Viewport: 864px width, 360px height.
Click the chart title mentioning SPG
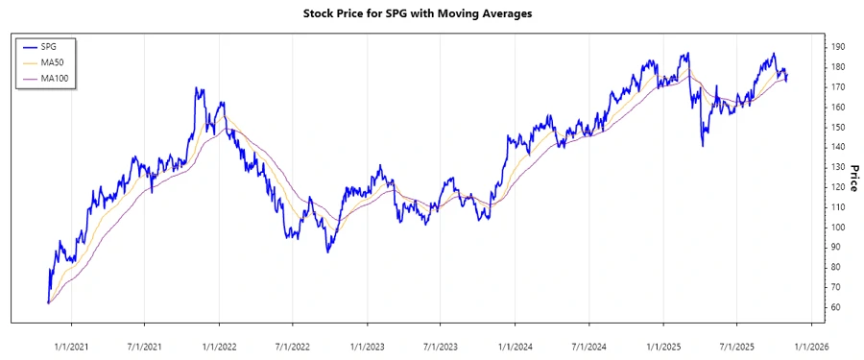click(432, 13)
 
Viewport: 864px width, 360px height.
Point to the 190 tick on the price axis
click(838, 47)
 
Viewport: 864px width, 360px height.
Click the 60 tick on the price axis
click(838, 307)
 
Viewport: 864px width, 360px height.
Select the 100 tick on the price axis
click(838, 228)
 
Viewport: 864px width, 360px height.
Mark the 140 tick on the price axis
click(838, 147)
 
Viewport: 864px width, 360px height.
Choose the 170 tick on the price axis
click(838, 87)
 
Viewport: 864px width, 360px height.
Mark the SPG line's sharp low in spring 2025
click(703, 146)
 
